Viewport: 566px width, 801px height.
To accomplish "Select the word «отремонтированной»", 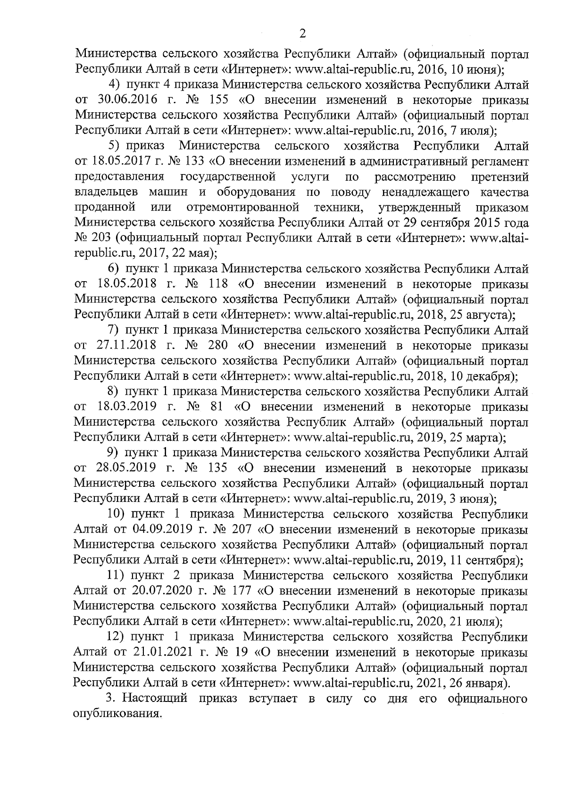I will (243, 208).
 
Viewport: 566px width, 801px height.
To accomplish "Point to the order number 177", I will (241, 590).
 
